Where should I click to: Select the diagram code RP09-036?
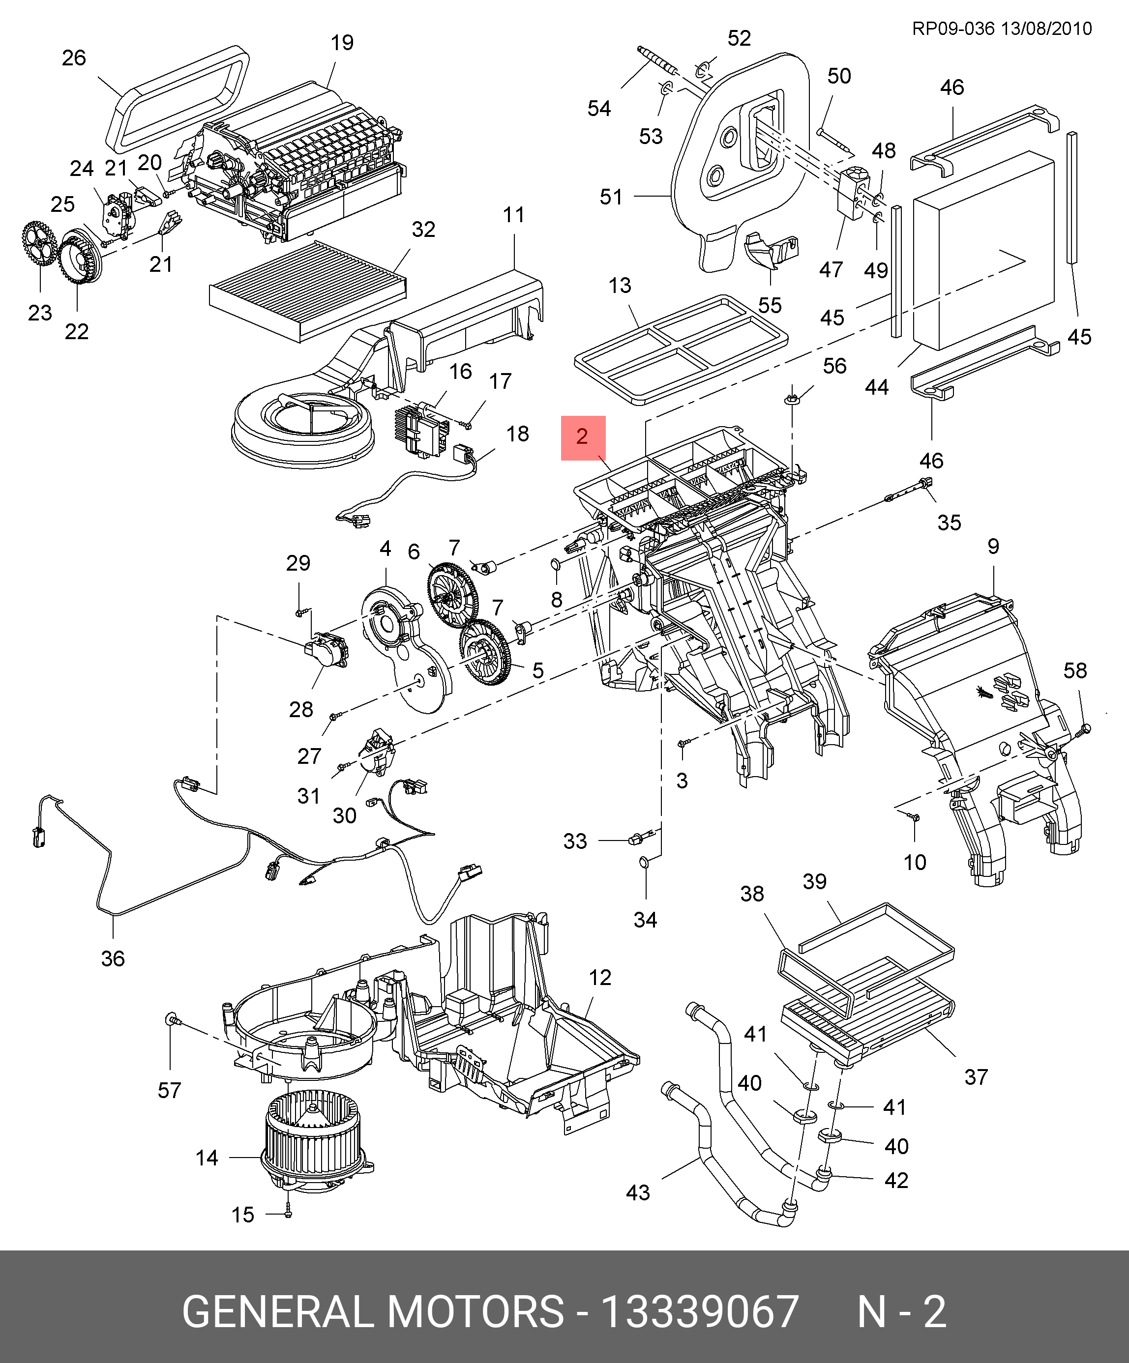[x=953, y=29]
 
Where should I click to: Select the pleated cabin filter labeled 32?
[x=308, y=290]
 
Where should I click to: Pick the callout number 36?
[x=113, y=958]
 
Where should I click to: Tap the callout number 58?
[x=1075, y=670]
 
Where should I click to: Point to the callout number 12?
[x=600, y=978]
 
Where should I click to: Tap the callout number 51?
[x=611, y=197]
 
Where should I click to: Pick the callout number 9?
[x=993, y=546]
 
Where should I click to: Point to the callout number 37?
[x=976, y=1077]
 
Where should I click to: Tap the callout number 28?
[x=301, y=709]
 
